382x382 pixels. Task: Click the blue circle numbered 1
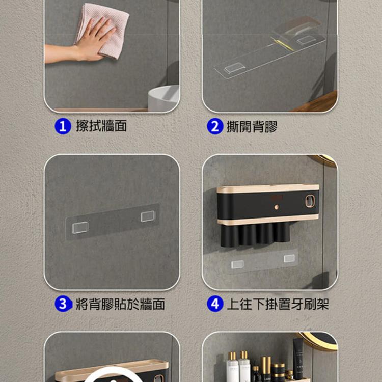click(x=63, y=126)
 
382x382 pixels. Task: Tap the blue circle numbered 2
click(x=215, y=126)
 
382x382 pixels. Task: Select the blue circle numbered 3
click(x=63, y=304)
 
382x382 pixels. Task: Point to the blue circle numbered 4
click(x=215, y=304)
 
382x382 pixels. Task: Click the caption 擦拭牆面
click(x=101, y=126)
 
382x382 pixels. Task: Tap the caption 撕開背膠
click(x=252, y=126)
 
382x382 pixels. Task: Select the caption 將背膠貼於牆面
click(x=120, y=304)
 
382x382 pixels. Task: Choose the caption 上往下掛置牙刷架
click(x=278, y=304)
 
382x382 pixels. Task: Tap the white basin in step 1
click(x=163, y=98)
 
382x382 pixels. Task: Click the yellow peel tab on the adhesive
click(x=283, y=44)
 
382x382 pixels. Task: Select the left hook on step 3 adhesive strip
click(x=80, y=228)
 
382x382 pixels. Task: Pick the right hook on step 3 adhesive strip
click(x=148, y=216)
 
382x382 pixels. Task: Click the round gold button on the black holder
click(x=276, y=207)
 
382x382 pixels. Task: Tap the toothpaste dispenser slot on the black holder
click(x=310, y=202)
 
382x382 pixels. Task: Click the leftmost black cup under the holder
click(x=230, y=235)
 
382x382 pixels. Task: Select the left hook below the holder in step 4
click(x=237, y=264)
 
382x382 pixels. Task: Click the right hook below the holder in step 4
click(x=289, y=258)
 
